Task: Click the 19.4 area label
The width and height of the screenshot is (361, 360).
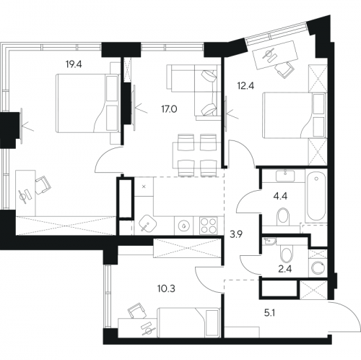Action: [x=74, y=64]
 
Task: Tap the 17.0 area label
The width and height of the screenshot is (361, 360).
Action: [x=169, y=109]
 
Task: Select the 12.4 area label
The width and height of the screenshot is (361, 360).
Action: [x=245, y=85]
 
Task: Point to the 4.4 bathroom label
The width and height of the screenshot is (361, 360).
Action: [x=280, y=196]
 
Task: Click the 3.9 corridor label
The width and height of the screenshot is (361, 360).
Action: [x=236, y=234]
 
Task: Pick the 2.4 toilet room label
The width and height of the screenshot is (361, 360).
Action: [x=285, y=268]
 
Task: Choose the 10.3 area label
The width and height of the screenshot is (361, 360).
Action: [x=166, y=288]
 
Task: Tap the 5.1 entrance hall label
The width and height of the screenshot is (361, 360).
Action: [x=269, y=313]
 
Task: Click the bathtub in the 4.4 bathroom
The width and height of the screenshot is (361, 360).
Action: [x=316, y=195]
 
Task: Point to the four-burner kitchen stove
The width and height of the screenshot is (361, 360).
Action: [x=209, y=226]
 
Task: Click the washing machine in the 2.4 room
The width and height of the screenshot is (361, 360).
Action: [x=318, y=267]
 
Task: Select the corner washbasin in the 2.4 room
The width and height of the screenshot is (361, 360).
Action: [x=269, y=241]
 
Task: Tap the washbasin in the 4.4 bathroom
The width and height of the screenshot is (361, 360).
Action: [x=285, y=176]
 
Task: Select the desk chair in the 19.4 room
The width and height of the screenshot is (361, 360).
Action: [x=43, y=185]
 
